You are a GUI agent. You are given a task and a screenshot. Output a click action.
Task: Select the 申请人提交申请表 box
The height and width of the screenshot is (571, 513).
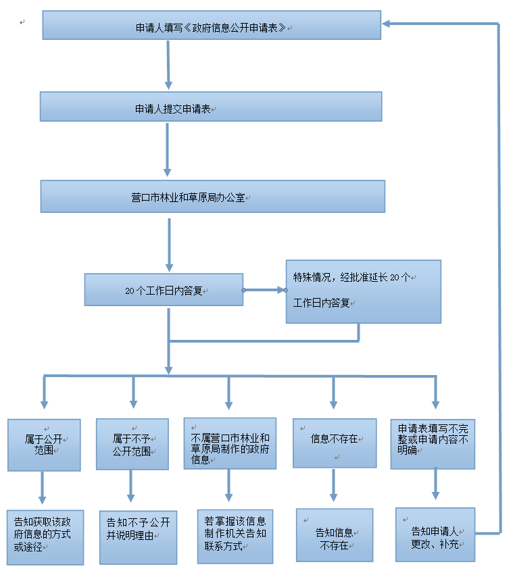[x=211, y=107]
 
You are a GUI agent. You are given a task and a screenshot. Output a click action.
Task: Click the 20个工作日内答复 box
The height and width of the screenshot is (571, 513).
[x=164, y=289]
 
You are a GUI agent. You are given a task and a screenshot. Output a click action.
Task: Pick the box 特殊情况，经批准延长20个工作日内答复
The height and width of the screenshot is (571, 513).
[x=363, y=291]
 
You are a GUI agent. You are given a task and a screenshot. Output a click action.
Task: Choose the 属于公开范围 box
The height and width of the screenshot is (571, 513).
[x=44, y=445]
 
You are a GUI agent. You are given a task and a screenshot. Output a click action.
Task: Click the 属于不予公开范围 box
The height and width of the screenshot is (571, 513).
[x=132, y=444]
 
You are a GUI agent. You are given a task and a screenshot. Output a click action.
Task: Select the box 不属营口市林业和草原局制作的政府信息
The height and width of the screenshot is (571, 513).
[x=230, y=443]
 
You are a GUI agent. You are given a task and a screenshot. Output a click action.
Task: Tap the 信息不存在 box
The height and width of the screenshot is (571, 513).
[x=334, y=443]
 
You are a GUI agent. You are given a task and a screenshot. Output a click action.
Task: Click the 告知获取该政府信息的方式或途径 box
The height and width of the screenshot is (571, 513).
[x=45, y=537]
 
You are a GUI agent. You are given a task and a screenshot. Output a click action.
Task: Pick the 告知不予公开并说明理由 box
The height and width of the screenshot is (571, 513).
[x=138, y=537]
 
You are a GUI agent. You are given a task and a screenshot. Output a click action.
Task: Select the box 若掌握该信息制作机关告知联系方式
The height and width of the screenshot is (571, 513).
[x=235, y=536]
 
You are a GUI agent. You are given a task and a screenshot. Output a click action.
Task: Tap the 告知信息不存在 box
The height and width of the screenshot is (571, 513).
[x=335, y=535]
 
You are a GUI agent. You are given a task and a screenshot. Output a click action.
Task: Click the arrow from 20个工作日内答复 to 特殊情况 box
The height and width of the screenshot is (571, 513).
[x=264, y=290]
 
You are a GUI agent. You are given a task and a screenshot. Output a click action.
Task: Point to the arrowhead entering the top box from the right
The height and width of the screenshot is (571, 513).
[x=387, y=24]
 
